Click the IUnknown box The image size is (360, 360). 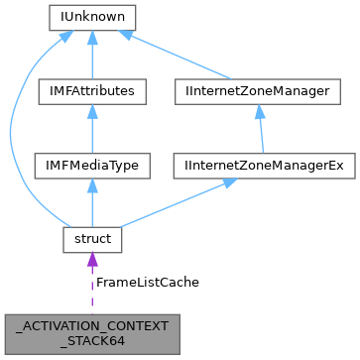coord(91,17)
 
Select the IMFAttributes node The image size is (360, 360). coord(91,91)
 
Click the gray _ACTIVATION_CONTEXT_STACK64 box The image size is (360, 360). coord(91,331)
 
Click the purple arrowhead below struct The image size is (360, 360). coord(91,260)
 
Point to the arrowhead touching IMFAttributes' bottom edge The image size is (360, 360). coord(91,110)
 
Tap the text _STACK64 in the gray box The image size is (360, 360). coord(91,339)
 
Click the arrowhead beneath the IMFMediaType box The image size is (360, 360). coord(91,184)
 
